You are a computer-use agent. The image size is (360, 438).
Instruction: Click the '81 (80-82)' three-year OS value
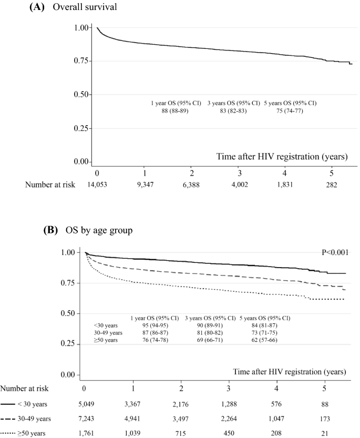click(x=211, y=333)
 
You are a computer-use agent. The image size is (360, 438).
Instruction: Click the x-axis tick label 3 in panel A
click(x=240, y=173)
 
